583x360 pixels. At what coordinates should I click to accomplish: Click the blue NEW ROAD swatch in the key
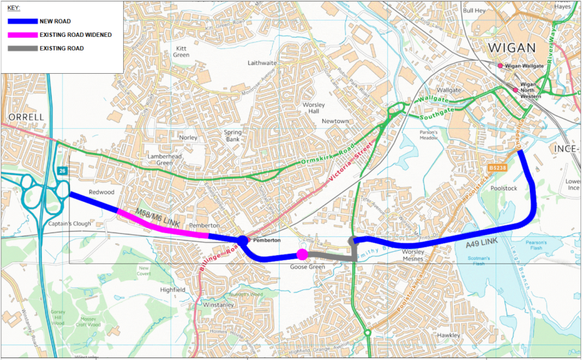click(x=21, y=21)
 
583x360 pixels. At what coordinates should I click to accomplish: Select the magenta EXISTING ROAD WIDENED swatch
click(x=21, y=35)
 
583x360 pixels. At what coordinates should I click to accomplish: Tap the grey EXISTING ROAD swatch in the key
click(x=21, y=49)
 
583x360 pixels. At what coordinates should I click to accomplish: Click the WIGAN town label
click(x=512, y=48)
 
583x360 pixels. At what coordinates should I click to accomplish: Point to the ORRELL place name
click(x=26, y=117)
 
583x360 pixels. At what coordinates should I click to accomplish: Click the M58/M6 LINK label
click(x=157, y=215)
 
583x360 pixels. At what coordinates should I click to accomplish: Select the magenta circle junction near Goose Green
click(x=302, y=254)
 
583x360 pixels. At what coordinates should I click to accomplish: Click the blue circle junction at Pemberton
click(x=242, y=241)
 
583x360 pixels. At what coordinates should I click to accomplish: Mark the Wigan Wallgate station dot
click(x=500, y=66)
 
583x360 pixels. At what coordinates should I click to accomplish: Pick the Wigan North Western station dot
click(x=516, y=90)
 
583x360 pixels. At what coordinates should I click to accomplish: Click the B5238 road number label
click(x=498, y=167)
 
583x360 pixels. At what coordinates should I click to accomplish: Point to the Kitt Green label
click(x=181, y=52)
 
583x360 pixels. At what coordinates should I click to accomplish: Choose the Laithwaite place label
click(x=262, y=63)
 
